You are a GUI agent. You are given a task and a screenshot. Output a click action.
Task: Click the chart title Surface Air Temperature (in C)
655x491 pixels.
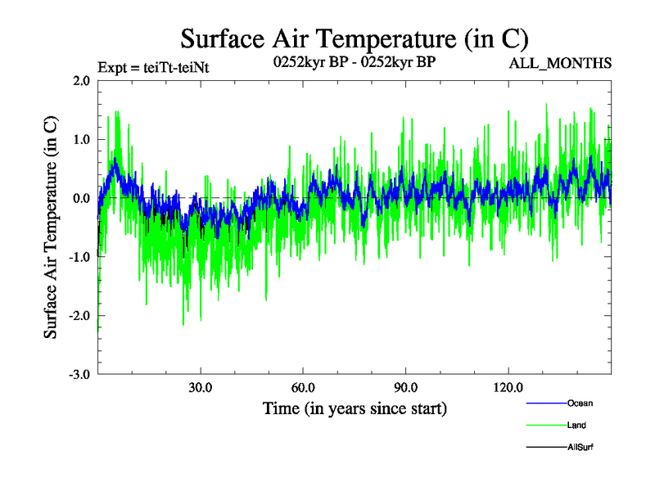[x=354, y=39]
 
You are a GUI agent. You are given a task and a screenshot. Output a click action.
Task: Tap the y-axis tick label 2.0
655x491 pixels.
[x=79, y=80]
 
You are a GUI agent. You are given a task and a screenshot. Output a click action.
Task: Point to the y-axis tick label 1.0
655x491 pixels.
[x=79, y=139]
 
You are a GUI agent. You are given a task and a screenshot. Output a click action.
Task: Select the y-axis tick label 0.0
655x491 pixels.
[x=79, y=198]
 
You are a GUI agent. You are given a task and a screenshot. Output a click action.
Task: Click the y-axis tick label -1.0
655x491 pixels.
[x=78, y=257]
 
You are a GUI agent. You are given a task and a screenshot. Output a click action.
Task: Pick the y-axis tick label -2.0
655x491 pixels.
[x=78, y=316]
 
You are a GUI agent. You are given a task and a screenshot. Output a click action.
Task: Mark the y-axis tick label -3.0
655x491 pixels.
[x=78, y=375]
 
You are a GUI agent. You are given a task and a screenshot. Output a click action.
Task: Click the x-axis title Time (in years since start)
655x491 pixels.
[x=355, y=408]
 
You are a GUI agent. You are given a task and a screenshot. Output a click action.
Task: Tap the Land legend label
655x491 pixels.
[x=576, y=425]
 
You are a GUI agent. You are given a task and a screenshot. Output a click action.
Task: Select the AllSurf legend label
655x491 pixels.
[x=580, y=447]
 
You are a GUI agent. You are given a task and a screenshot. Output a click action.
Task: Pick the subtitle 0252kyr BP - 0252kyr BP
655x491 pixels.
[x=354, y=61]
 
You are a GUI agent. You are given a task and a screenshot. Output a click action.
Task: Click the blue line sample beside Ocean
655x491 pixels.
[x=545, y=403]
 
